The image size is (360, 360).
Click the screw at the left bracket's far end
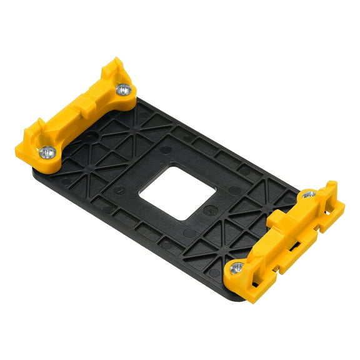click(124, 89)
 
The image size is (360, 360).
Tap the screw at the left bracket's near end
click(47, 151)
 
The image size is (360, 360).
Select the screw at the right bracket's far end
click(309, 195)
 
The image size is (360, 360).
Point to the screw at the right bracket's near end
click(236, 267)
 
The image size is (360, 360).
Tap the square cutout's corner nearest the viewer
click(186, 219)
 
